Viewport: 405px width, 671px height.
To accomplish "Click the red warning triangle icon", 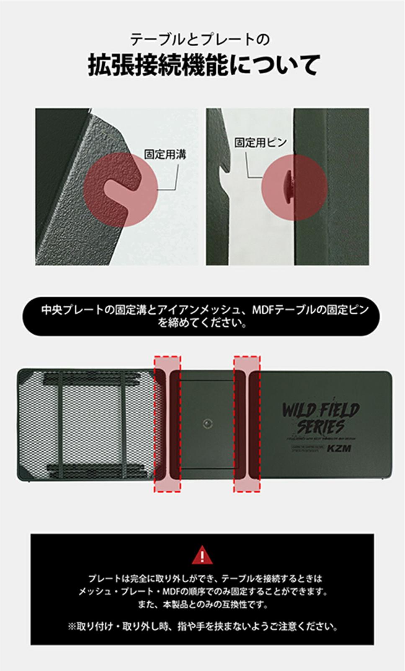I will point(202,555).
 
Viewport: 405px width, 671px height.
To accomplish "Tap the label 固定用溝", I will point(165,154).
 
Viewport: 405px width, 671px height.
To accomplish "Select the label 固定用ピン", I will point(260,143).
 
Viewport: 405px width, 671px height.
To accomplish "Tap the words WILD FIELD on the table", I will point(320,410).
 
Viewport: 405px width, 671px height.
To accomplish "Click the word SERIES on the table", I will point(321,427).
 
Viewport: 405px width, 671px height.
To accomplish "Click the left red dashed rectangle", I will point(168,424).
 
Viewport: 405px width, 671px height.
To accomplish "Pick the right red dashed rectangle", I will point(247,424).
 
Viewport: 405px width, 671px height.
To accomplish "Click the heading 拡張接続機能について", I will point(204,65).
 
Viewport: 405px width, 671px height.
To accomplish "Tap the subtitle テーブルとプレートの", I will point(199,39).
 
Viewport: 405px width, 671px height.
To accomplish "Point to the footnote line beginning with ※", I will point(202,627).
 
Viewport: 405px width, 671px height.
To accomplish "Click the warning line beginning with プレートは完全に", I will point(205,578).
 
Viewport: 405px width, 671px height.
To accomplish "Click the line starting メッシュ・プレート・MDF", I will point(203,591).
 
